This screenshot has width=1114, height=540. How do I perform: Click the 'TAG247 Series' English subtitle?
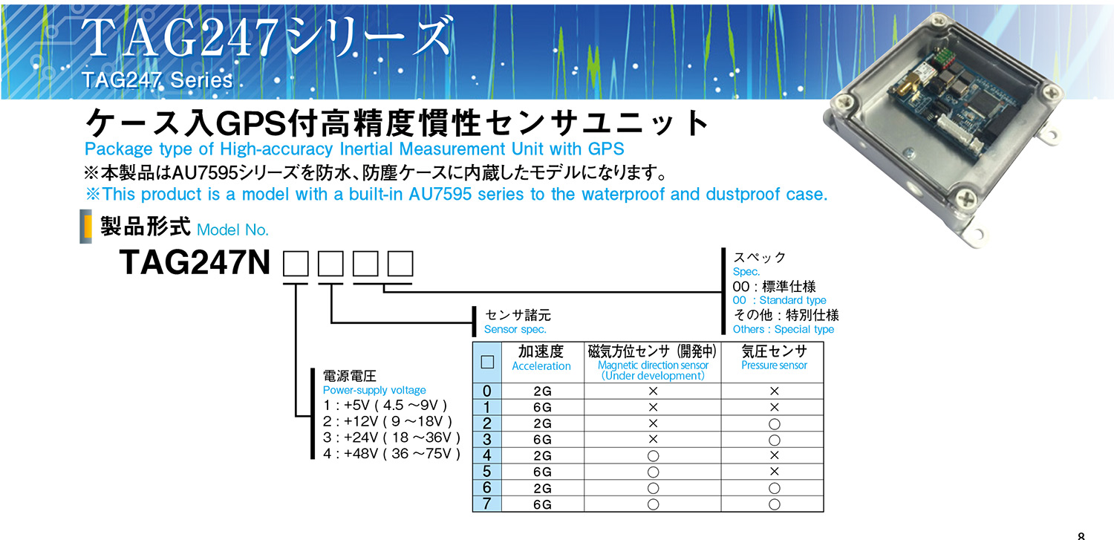point(157,80)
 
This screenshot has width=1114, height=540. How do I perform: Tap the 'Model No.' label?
point(232,230)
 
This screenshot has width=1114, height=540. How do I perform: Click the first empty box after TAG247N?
point(296,264)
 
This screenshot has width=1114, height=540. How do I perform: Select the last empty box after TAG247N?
point(400,264)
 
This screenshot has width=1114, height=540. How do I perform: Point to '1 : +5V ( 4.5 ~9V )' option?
point(385,406)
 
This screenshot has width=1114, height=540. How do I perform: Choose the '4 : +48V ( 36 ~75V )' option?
point(392,454)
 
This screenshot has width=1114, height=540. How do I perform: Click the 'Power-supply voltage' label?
point(374,391)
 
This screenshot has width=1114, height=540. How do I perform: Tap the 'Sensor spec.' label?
point(515,329)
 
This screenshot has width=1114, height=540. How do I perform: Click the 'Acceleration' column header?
point(541,366)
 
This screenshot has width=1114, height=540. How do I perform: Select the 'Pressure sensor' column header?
point(774,365)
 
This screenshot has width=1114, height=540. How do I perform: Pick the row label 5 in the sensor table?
point(487,472)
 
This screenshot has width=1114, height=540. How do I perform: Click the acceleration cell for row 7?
point(542,504)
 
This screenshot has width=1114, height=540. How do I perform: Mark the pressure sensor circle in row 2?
point(774,424)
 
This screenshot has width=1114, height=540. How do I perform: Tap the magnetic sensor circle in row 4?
point(653,456)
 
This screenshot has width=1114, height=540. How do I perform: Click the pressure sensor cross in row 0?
point(774,391)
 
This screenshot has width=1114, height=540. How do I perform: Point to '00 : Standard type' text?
point(779,300)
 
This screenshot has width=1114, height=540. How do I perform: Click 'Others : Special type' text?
point(783,329)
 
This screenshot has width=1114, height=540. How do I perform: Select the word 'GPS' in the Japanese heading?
point(253,123)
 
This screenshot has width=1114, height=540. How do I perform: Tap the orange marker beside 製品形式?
point(88,227)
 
